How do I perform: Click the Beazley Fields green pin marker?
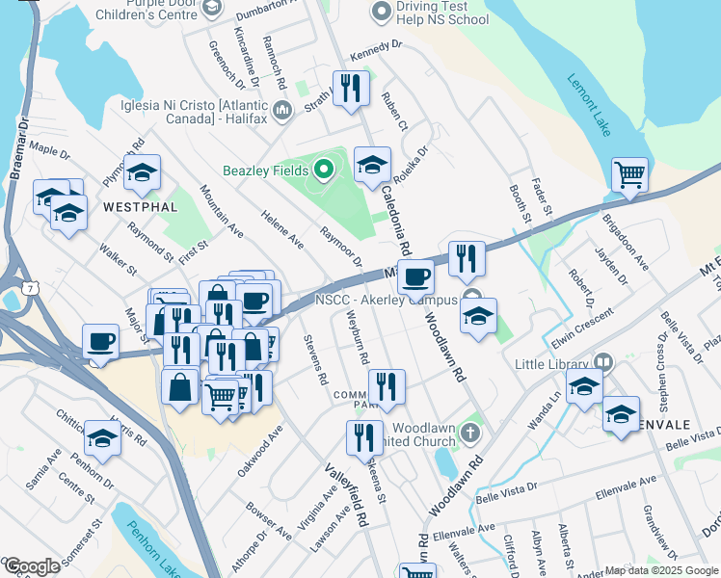pyautogui.click(x=324, y=171)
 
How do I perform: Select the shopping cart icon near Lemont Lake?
pyautogui.click(x=629, y=175)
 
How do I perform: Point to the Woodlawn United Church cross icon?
pyautogui.click(x=469, y=431)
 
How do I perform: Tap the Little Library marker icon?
pyautogui.click(x=603, y=363)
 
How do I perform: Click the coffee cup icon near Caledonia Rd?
pyautogui.click(x=416, y=276)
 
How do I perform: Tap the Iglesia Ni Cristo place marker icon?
pyautogui.click(x=283, y=112)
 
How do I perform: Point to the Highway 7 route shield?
pyautogui.click(x=32, y=286)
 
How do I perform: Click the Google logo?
pyautogui.click(x=31, y=566)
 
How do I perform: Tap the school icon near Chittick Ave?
pyautogui.click(x=102, y=438)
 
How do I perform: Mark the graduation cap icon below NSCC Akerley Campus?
pyautogui.click(x=478, y=315)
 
